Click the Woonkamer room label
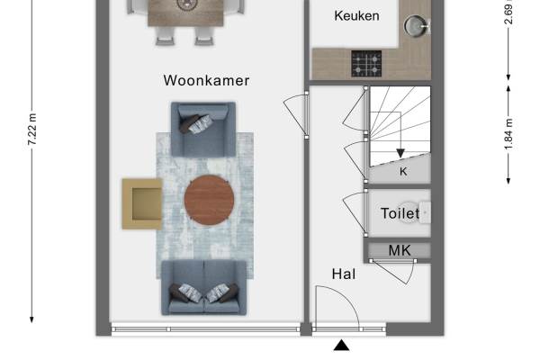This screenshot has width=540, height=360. tap(206, 81)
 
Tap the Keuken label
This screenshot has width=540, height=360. tap(356, 16)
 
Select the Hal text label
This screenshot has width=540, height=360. tap(344, 274)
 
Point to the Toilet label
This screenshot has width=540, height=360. tap(400, 213)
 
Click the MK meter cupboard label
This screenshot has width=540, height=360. tap(400, 250)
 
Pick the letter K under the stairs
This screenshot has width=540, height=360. tap(403, 171)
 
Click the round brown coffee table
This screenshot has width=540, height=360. tap(209, 201)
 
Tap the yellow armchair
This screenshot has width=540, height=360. tap(142, 203)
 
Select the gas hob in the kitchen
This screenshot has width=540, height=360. tap(366, 64)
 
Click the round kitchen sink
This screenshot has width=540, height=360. tap(416, 25)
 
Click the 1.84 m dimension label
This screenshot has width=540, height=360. tap(508, 134)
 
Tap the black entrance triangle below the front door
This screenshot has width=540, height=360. tap(341, 346)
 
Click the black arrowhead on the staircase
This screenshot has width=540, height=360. tap(400, 153)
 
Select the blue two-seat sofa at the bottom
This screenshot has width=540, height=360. tap(204, 287)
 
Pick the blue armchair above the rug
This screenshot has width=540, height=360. tap(203, 130)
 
